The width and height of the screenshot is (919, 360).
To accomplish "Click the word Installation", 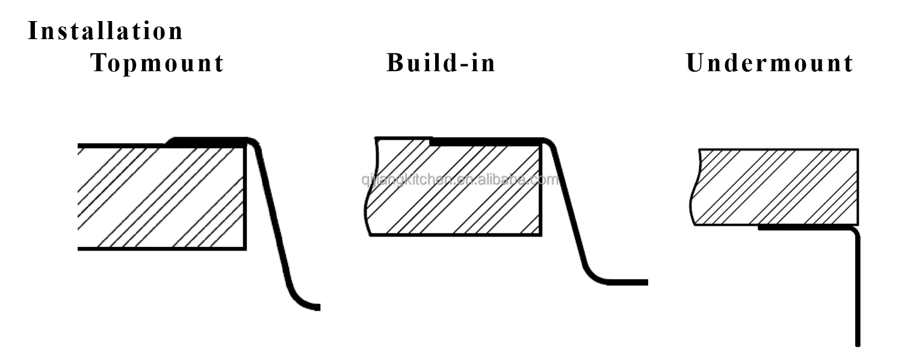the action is tap(105, 31).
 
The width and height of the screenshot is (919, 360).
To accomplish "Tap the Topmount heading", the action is tap(157, 63).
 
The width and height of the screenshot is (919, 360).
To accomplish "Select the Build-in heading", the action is tap(441, 63).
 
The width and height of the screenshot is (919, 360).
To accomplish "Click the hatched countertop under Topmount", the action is tap(161, 197).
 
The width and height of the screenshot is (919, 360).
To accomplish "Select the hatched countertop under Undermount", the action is tap(776, 187).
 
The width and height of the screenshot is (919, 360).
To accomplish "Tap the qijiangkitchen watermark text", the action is tap(460, 179).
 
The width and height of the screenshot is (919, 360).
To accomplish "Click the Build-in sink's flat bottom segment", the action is tap(626, 282).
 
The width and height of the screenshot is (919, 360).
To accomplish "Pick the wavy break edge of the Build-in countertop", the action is tap(367, 205).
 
